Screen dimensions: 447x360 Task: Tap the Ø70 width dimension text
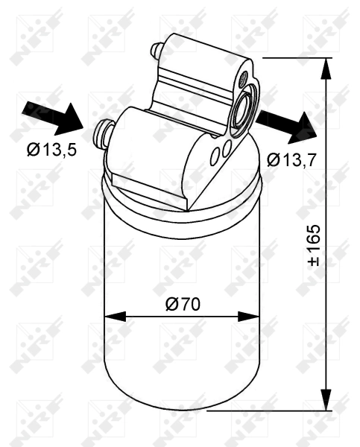coord(181,304)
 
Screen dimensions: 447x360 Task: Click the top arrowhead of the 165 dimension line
coord(325,66)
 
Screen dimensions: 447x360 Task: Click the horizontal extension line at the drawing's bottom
coord(268,409)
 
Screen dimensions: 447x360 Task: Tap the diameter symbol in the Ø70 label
coord(171,304)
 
